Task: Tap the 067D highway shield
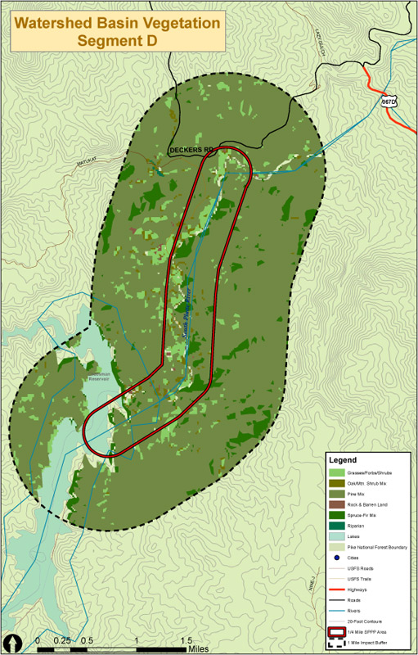389,102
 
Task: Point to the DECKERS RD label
191,151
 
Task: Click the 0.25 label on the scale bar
61,639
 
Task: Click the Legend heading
344,458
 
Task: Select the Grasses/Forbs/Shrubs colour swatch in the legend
336,473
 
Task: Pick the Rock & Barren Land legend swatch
336,504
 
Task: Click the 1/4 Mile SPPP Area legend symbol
336,631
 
